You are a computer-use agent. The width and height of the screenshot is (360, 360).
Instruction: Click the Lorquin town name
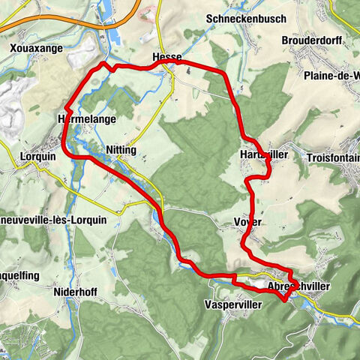coord(34,158)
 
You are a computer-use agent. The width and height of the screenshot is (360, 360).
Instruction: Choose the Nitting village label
coord(121,150)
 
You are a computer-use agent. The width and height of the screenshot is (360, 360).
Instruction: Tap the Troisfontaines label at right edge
coord(333,158)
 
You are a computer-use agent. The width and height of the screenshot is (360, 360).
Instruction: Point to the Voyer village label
coord(247,223)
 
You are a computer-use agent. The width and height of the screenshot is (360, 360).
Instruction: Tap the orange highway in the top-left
coord(60,22)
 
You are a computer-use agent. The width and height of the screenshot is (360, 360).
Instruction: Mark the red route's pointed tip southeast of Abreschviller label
coord(283,299)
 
